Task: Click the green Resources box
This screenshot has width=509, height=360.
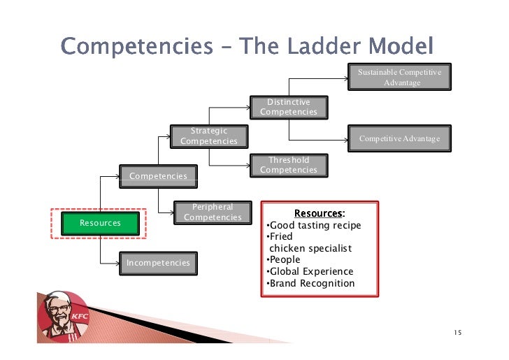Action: point(101,223)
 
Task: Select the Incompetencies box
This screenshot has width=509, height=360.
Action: point(158,263)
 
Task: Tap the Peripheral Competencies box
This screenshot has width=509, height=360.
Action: point(212,213)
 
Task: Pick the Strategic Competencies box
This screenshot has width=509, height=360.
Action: point(208,136)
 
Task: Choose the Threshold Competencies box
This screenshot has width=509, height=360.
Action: point(288,165)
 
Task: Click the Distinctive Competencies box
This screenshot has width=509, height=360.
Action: point(288,107)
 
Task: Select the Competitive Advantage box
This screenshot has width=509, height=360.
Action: point(399,138)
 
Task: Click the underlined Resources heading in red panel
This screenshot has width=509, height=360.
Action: point(319,213)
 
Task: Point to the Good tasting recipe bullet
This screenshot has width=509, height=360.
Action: point(315,225)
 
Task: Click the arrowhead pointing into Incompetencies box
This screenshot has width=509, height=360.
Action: point(120,263)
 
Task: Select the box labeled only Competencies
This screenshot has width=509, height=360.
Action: point(158,175)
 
